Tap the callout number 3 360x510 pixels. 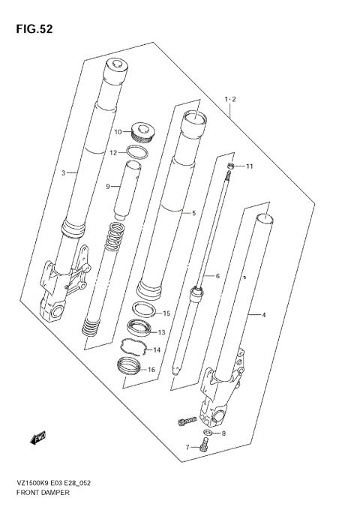pos(64,174)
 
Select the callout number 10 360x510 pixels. pos(118,133)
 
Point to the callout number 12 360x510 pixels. pos(113,152)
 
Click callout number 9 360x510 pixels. pos(107,186)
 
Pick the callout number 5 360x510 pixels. pos(193,213)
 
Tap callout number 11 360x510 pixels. pos(250,166)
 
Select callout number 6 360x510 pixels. pos(217,277)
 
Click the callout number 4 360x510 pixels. pos(263,315)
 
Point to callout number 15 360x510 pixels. pos(166,313)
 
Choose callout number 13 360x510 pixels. pos(161,331)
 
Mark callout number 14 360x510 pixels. pos(157,349)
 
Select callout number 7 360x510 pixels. pos(188,447)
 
